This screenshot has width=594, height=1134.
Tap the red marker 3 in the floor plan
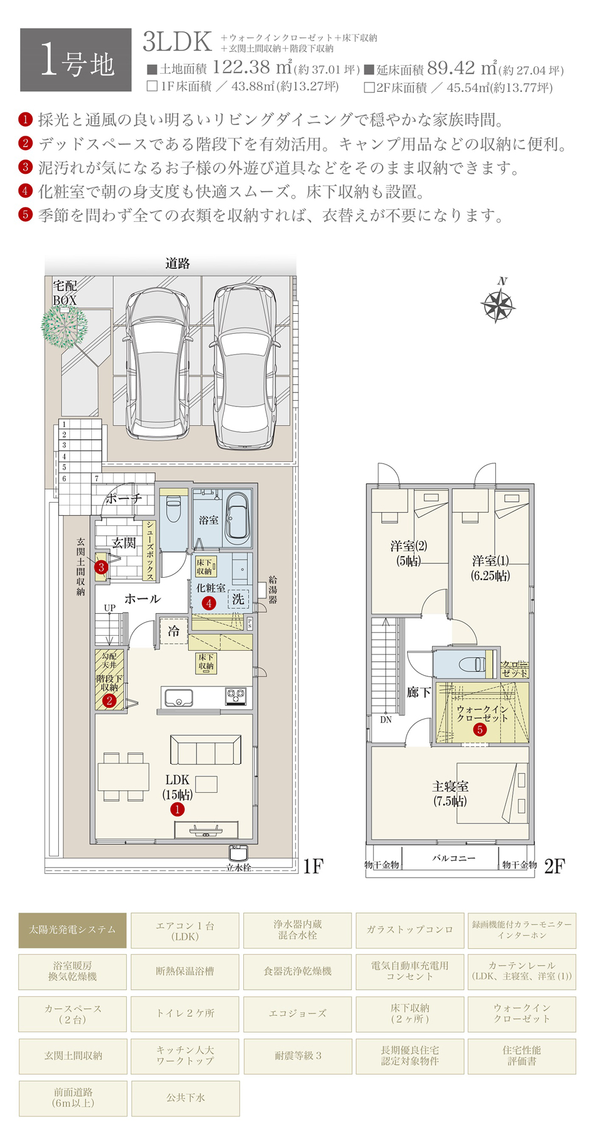pyautogui.click(x=101, y=568)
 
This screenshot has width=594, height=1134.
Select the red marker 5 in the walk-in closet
pyautogui.click(x=480, y=730)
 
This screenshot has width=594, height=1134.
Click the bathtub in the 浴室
pyautogui.click(x=238, y=516)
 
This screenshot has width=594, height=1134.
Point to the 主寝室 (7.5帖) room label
pyautogui.click(x=450, y=793)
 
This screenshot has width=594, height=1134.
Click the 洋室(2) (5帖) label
pyautogui.click(x=408, y=553)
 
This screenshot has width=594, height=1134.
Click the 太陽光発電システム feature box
pyautogui.click(x=73, y=930)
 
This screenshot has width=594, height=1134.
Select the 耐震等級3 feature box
pyautogui.click(x=298, y=1056)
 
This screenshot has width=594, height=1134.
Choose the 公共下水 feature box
pyautogui.click(x=185, y=1098)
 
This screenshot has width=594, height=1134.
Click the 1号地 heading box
pyautogui.click(x=76, y=61)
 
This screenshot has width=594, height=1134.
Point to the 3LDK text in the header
pyautogui.click(x=177, y=42)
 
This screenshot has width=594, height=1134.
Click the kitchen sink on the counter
pyautogui.click(x=178, y=697)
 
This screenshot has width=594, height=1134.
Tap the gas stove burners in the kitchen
pyautogui.click(x=236, y=695)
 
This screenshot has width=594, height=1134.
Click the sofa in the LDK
pyautogui.click(x=206, y=750)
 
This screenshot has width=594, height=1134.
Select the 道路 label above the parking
pyautogui.click(x=178, y=264)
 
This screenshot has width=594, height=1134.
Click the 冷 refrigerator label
pyautogui.click(x=173, y=631)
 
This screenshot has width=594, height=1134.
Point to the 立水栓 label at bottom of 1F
pyautogui.click(x=239, y=868)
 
